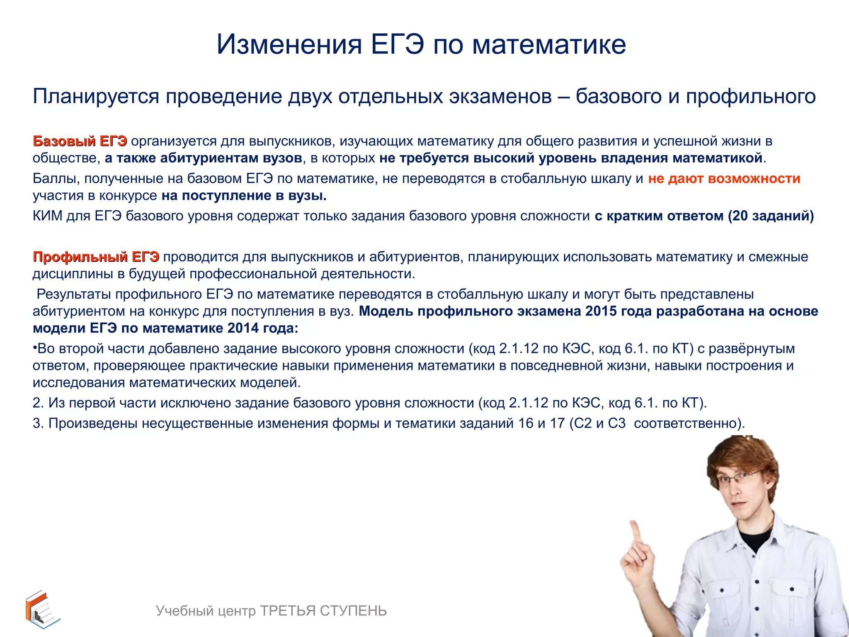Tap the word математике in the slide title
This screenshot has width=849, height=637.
(549, 45)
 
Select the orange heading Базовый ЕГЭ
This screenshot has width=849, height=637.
(80, 141)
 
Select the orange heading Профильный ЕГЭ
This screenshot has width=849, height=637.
(96, 257)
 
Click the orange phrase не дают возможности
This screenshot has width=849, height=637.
(724, 179)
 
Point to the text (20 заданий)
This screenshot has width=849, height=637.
(771, 216)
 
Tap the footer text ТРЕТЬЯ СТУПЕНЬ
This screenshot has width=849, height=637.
(323, 611)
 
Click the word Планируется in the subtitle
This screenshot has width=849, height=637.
(96, 97)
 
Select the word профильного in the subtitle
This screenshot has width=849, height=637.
(750, 97)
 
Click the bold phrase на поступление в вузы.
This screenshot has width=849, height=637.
(244, 196)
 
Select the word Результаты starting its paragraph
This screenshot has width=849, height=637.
(73, 294)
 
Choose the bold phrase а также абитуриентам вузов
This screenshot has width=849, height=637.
(203, 158)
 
